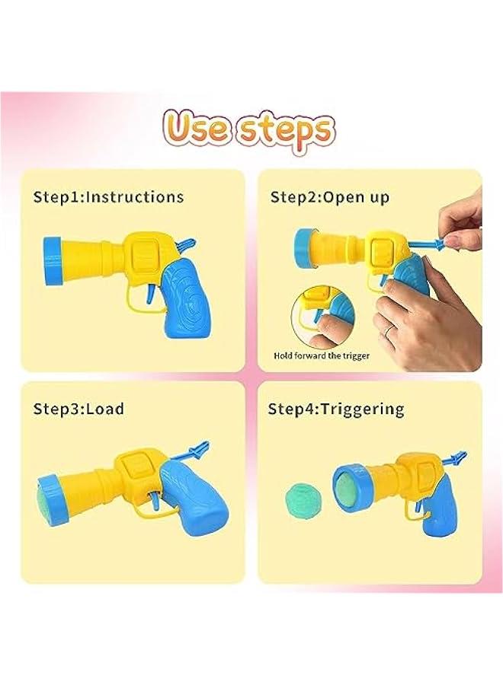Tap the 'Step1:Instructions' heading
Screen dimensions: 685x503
pyautogui.click(x=108, y=196)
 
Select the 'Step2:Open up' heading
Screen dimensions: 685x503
pyautogui.click(x=330, y=196)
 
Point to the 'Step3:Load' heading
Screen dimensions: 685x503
pyautogui.click(x=78, y=409)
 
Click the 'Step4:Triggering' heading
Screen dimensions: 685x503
pyautogui.click(x=335, y=409)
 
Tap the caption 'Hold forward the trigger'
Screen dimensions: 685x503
pyautogui.click(x=321, y=355)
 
